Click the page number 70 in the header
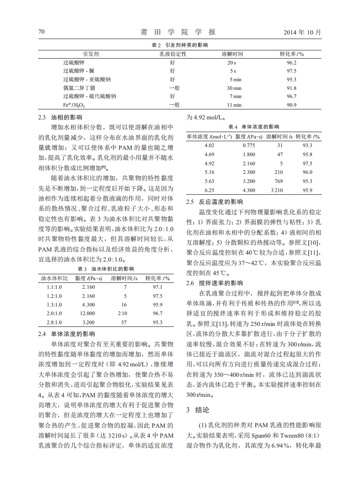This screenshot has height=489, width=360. pos(41,32)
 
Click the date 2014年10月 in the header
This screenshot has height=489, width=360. pos(302,32)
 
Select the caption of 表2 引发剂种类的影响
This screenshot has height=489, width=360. pos(180,45)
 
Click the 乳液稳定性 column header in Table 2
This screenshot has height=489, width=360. pos(173,54)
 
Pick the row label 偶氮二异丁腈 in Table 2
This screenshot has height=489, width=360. pos(79,88)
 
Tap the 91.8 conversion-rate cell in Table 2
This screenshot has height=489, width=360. pos(291,88)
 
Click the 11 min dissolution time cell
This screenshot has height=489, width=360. pos(234,105)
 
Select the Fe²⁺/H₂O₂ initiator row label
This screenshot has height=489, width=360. pos(74,105)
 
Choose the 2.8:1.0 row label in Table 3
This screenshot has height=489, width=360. pos(54,322)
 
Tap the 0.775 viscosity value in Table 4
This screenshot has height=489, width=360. pos(249,145)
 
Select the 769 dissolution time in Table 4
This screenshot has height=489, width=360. pos(279,181)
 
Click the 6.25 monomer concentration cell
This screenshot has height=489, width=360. pos(209,190)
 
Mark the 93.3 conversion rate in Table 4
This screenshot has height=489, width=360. pos(307,145)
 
